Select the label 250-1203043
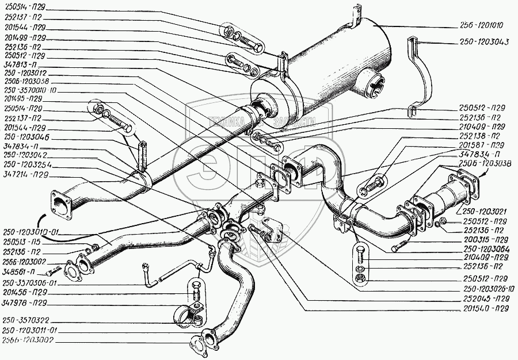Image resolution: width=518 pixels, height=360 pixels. (x=484, y=41)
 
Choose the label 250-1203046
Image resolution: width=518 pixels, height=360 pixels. (x=25, y=138)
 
